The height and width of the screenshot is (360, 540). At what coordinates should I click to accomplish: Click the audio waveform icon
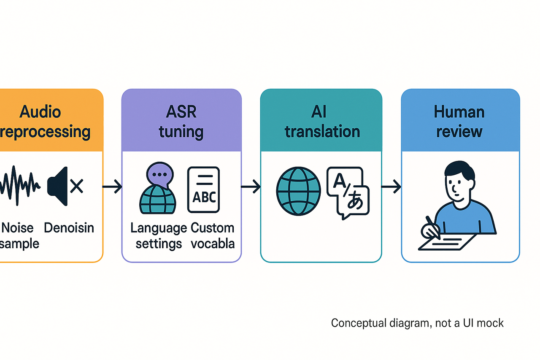point(20,186)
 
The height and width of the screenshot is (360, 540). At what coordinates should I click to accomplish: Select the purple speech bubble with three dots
point(159,175)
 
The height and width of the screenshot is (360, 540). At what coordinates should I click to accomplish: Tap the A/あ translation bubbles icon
point(348,192)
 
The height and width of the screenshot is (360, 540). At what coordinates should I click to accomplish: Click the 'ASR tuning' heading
point(181,122)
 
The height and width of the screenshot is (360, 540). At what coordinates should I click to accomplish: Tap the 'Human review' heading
point(459,122)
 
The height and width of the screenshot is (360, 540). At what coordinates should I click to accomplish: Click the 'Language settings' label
point(159,235)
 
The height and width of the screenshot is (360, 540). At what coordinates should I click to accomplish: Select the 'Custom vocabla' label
point(213,235)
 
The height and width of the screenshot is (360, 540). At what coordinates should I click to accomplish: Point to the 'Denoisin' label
point(69,228)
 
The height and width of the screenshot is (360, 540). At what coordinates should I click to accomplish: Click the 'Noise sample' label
point(19,235)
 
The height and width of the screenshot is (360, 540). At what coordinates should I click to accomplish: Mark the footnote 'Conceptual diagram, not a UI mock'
point(417,323)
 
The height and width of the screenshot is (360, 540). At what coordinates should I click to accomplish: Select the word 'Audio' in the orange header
point(40,112)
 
